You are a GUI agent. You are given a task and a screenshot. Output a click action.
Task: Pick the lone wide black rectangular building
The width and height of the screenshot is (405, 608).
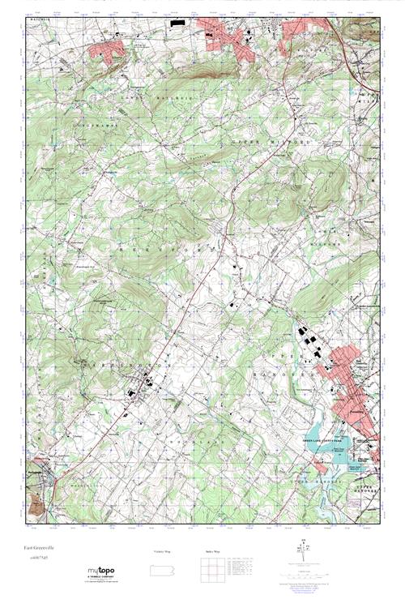point(178,24)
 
